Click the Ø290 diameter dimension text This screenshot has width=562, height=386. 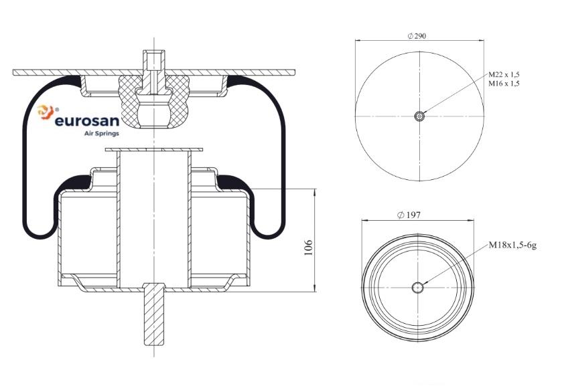(417, 36)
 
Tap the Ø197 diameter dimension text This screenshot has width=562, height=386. (409, 215)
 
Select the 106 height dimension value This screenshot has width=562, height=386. (308, 248)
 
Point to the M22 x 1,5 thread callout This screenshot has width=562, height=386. (504, 74)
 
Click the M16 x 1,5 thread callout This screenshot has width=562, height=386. (504, 84)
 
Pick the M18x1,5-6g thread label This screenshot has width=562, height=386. (512, 246)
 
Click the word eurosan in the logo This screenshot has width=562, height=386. (86, 121)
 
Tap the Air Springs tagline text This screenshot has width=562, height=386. (101, 134)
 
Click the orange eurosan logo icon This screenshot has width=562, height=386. (46, 112)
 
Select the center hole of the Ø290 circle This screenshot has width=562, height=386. (419, 116)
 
